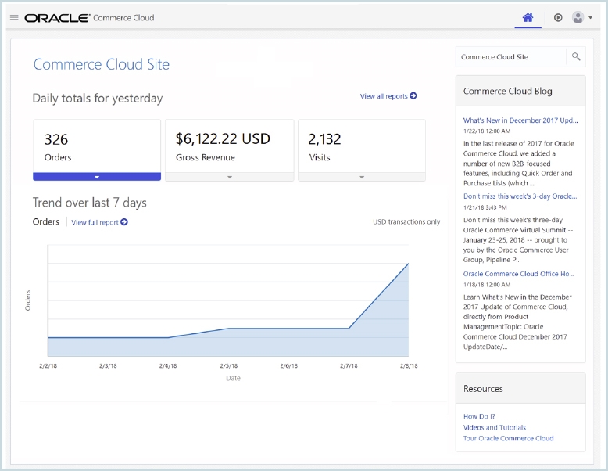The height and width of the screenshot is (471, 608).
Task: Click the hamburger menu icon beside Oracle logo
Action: point(14,17)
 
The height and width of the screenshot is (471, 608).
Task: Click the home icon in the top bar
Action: point(528,17)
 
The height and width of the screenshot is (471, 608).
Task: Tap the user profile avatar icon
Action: point(578,17)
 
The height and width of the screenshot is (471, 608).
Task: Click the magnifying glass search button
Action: point(576,57)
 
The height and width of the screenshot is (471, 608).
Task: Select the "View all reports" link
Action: point(388,96)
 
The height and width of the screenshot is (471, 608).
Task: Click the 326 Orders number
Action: point(56,139)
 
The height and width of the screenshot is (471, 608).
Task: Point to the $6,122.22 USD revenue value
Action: point(223,139)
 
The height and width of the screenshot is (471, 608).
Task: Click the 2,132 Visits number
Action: point(324,139)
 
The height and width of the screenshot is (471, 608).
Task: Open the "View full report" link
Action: point(99,222)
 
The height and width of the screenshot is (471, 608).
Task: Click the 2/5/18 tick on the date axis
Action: point(229,365)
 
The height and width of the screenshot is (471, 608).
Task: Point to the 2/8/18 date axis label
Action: point(408,365)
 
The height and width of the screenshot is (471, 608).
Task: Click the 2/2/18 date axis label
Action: point(48,365)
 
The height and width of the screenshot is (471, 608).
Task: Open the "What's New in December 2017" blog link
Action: point(520,120)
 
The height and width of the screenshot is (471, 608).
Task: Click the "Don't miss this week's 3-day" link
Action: point(520,196)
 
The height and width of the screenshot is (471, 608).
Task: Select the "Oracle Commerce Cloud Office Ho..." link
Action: point(518,274)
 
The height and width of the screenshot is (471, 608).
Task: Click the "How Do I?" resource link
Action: point(479,416)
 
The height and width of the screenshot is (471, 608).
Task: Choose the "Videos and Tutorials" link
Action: point(494,427)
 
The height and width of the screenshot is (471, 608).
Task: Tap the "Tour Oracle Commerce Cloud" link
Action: point(508,438)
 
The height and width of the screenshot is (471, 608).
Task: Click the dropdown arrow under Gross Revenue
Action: point(229,177)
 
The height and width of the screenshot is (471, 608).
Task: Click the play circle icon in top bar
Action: point(558,17)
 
